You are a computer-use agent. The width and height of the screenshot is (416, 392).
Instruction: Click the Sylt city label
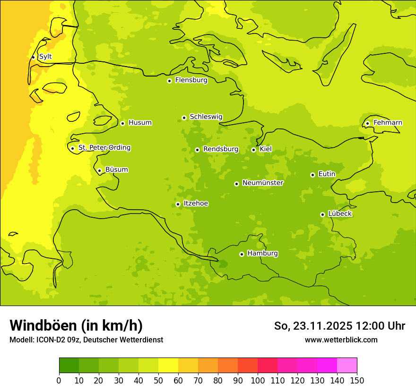[x=45, y=57]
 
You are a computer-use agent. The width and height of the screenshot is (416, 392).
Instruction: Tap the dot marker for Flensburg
[x=169, y=81]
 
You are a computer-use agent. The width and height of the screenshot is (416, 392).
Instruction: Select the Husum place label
[x=140, y=123]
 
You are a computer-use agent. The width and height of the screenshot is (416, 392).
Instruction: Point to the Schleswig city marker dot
[x=184, y=118]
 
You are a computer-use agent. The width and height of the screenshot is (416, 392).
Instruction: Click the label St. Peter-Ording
[x=104, y=148]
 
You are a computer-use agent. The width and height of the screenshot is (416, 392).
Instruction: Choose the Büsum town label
[x=116, y=170]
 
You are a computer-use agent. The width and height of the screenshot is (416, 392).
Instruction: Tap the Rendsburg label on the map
[x=221, y=149]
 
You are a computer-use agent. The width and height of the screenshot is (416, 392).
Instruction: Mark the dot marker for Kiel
[x=253, y=150]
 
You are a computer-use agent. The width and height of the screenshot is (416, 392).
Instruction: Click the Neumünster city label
[x=263, y=183]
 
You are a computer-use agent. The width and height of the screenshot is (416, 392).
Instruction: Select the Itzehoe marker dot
[x=178, y=204]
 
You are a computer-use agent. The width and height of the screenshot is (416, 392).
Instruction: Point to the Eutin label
[x=327, y=174]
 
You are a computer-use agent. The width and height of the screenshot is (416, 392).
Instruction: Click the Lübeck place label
[x=340, y=214]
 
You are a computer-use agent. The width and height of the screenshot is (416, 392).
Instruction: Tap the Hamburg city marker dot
[x=242, y=254]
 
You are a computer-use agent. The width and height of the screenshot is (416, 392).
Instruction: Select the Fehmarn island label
[x=388, y=123]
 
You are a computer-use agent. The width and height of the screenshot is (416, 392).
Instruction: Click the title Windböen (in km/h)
[x=76, y=325]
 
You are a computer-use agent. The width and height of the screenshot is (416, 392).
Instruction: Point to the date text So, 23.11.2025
[x=313, y=326]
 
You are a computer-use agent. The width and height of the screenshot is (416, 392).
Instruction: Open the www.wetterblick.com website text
[x=341, y=340]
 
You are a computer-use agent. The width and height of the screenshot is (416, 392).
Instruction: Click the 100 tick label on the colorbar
[x=258, y=380]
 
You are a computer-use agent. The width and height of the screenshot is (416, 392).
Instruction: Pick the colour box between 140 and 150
[x=347, y=366]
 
